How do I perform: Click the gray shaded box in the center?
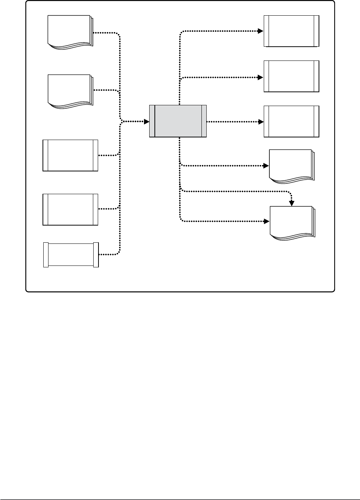click(178, 121)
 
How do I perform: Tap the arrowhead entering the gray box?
click(147, 121)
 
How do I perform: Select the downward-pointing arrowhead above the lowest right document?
click(292, 204)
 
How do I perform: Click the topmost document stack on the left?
click(70, 31)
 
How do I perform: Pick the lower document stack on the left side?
click(70, 91)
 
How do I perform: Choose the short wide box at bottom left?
click(71, 255)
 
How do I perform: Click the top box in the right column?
click(291, 31)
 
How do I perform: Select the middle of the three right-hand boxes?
click(291, 76)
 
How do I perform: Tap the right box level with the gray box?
click(291, 121)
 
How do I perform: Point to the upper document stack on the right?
click(291, 166)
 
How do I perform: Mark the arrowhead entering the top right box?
click(261, 31)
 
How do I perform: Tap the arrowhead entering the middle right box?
click(261, 77)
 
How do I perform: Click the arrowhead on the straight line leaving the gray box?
click(261, 121)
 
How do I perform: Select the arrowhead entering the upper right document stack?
click(267, 165)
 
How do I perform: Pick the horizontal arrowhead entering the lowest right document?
click(267, 221)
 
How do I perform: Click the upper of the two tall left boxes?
click(71, 155)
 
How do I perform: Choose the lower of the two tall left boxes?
click(71, 209)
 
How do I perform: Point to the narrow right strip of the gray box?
click(204, 121)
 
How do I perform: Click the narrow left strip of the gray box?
click(152, 121)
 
